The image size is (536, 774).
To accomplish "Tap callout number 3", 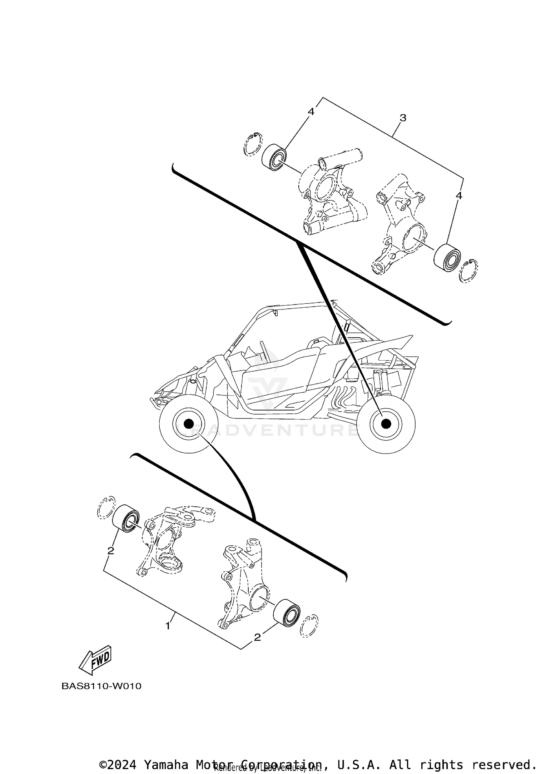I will pyautogui.click(x=403, y=118).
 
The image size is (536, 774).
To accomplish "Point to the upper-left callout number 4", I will pyautogui.click(x=311, y=112).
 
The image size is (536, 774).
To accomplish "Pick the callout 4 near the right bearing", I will pyautogui.click(x=459, y=196).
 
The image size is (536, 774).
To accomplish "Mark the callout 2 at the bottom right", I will pyautogui.click(x=257, y=637).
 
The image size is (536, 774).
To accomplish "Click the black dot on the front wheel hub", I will pyautogui.click(x=188, y=424).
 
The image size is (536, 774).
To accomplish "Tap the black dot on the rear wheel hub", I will pyautogui.click(x=386, y=424).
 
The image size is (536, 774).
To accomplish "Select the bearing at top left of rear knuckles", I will pyautogui.click(x=274, y=156).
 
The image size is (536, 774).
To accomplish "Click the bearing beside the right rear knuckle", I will pyautogui.click(x=447, y=255).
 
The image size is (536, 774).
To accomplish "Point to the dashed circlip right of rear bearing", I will pyautogui.click(x=468, y=271).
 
